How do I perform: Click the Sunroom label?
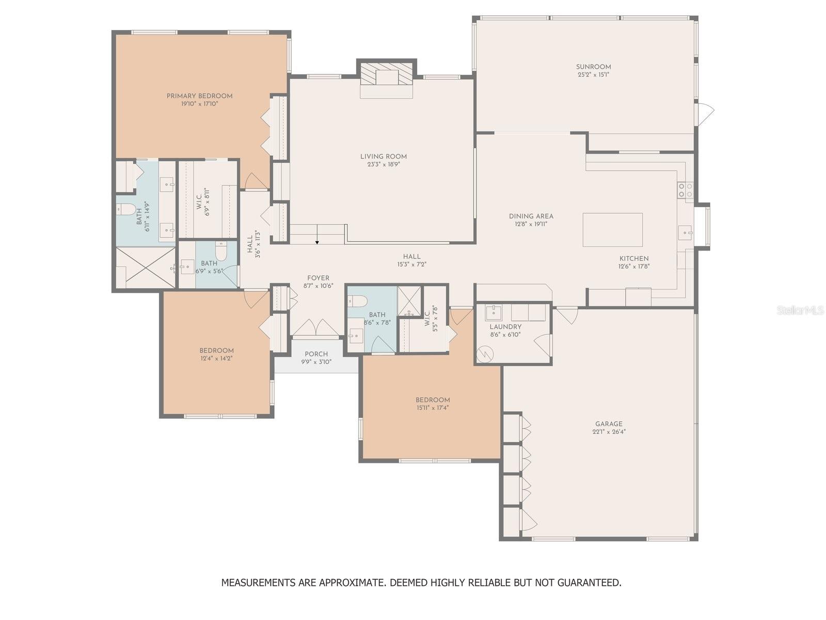pyautogui.click(x=593, y=67)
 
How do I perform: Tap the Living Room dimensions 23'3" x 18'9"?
pyautogui.click(x=383, y=164)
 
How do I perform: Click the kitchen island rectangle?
pyautogui.click(x=612, y=229)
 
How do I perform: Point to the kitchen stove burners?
pyautogui.click(x=685, y=190)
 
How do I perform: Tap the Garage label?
pyautogui.click(x=609, y=424)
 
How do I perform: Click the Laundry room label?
pyautogui.click(x=505, y=327)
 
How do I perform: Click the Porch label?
pyautogui.click(x=316, y=354)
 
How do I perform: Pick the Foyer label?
pyautogui.click(x=319, y=278)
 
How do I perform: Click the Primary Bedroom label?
pyautogui.click(x=199, y=96)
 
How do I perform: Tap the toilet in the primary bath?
pyautogui.click(x=125, y=209)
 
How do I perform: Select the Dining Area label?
pyautogui.click(x=531, y=216)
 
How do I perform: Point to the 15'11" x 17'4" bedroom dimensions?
pyautogui.click(x=433, y=408)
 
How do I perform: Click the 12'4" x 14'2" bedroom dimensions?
pyautogui.click(x=216, y=359)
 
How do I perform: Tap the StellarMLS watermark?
pyautogui.click(x=800, y=311)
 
